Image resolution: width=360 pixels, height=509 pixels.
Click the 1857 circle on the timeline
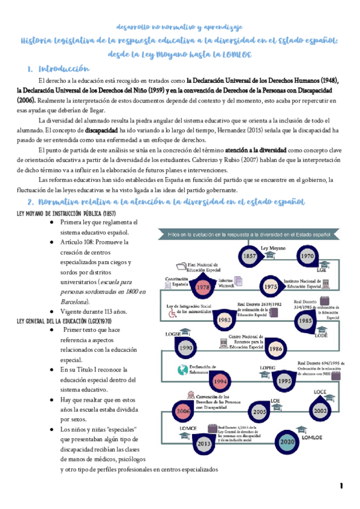click(250, 255)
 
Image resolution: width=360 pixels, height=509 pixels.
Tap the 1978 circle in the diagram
click(203, 287)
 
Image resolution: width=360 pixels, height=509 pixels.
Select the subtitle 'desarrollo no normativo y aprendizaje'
click(179, 28)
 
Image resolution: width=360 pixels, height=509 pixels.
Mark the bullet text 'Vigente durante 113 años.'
click(93, 312)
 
